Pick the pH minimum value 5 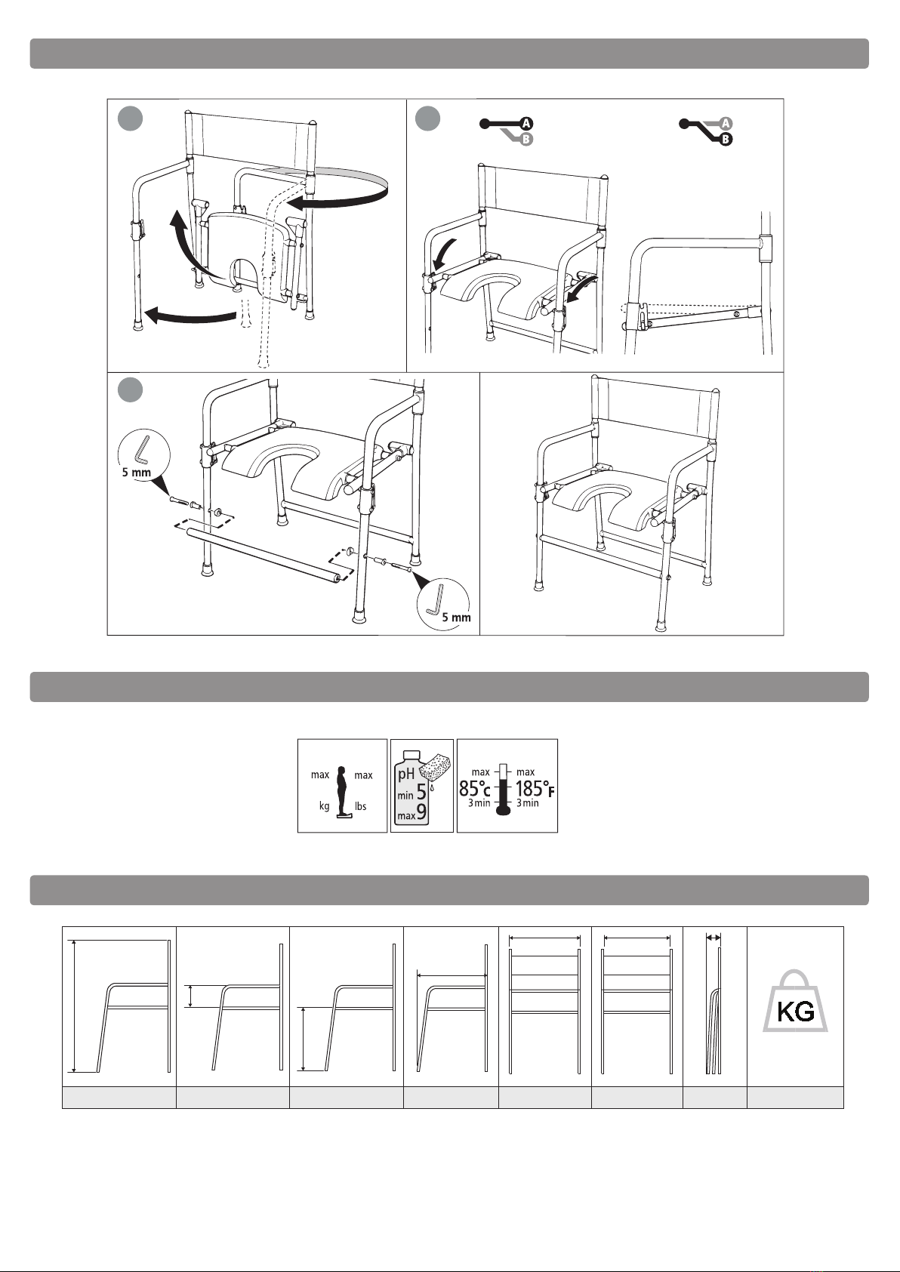[x=421, y=792]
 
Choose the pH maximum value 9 [x=421, y=812]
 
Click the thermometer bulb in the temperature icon [x=503, y=810]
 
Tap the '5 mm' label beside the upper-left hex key [x=137, y=472]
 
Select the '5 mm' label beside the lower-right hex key [x=457, y=617]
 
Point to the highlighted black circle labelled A [x=526, y=123]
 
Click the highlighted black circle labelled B [x=726, y=139]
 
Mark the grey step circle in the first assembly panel [x=130, y=119]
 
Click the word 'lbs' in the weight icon [x=361, y=806]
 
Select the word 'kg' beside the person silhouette [x=324, y=806]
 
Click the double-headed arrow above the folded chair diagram [x=714, y=938]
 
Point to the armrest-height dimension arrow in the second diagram [x=191, y=996]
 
